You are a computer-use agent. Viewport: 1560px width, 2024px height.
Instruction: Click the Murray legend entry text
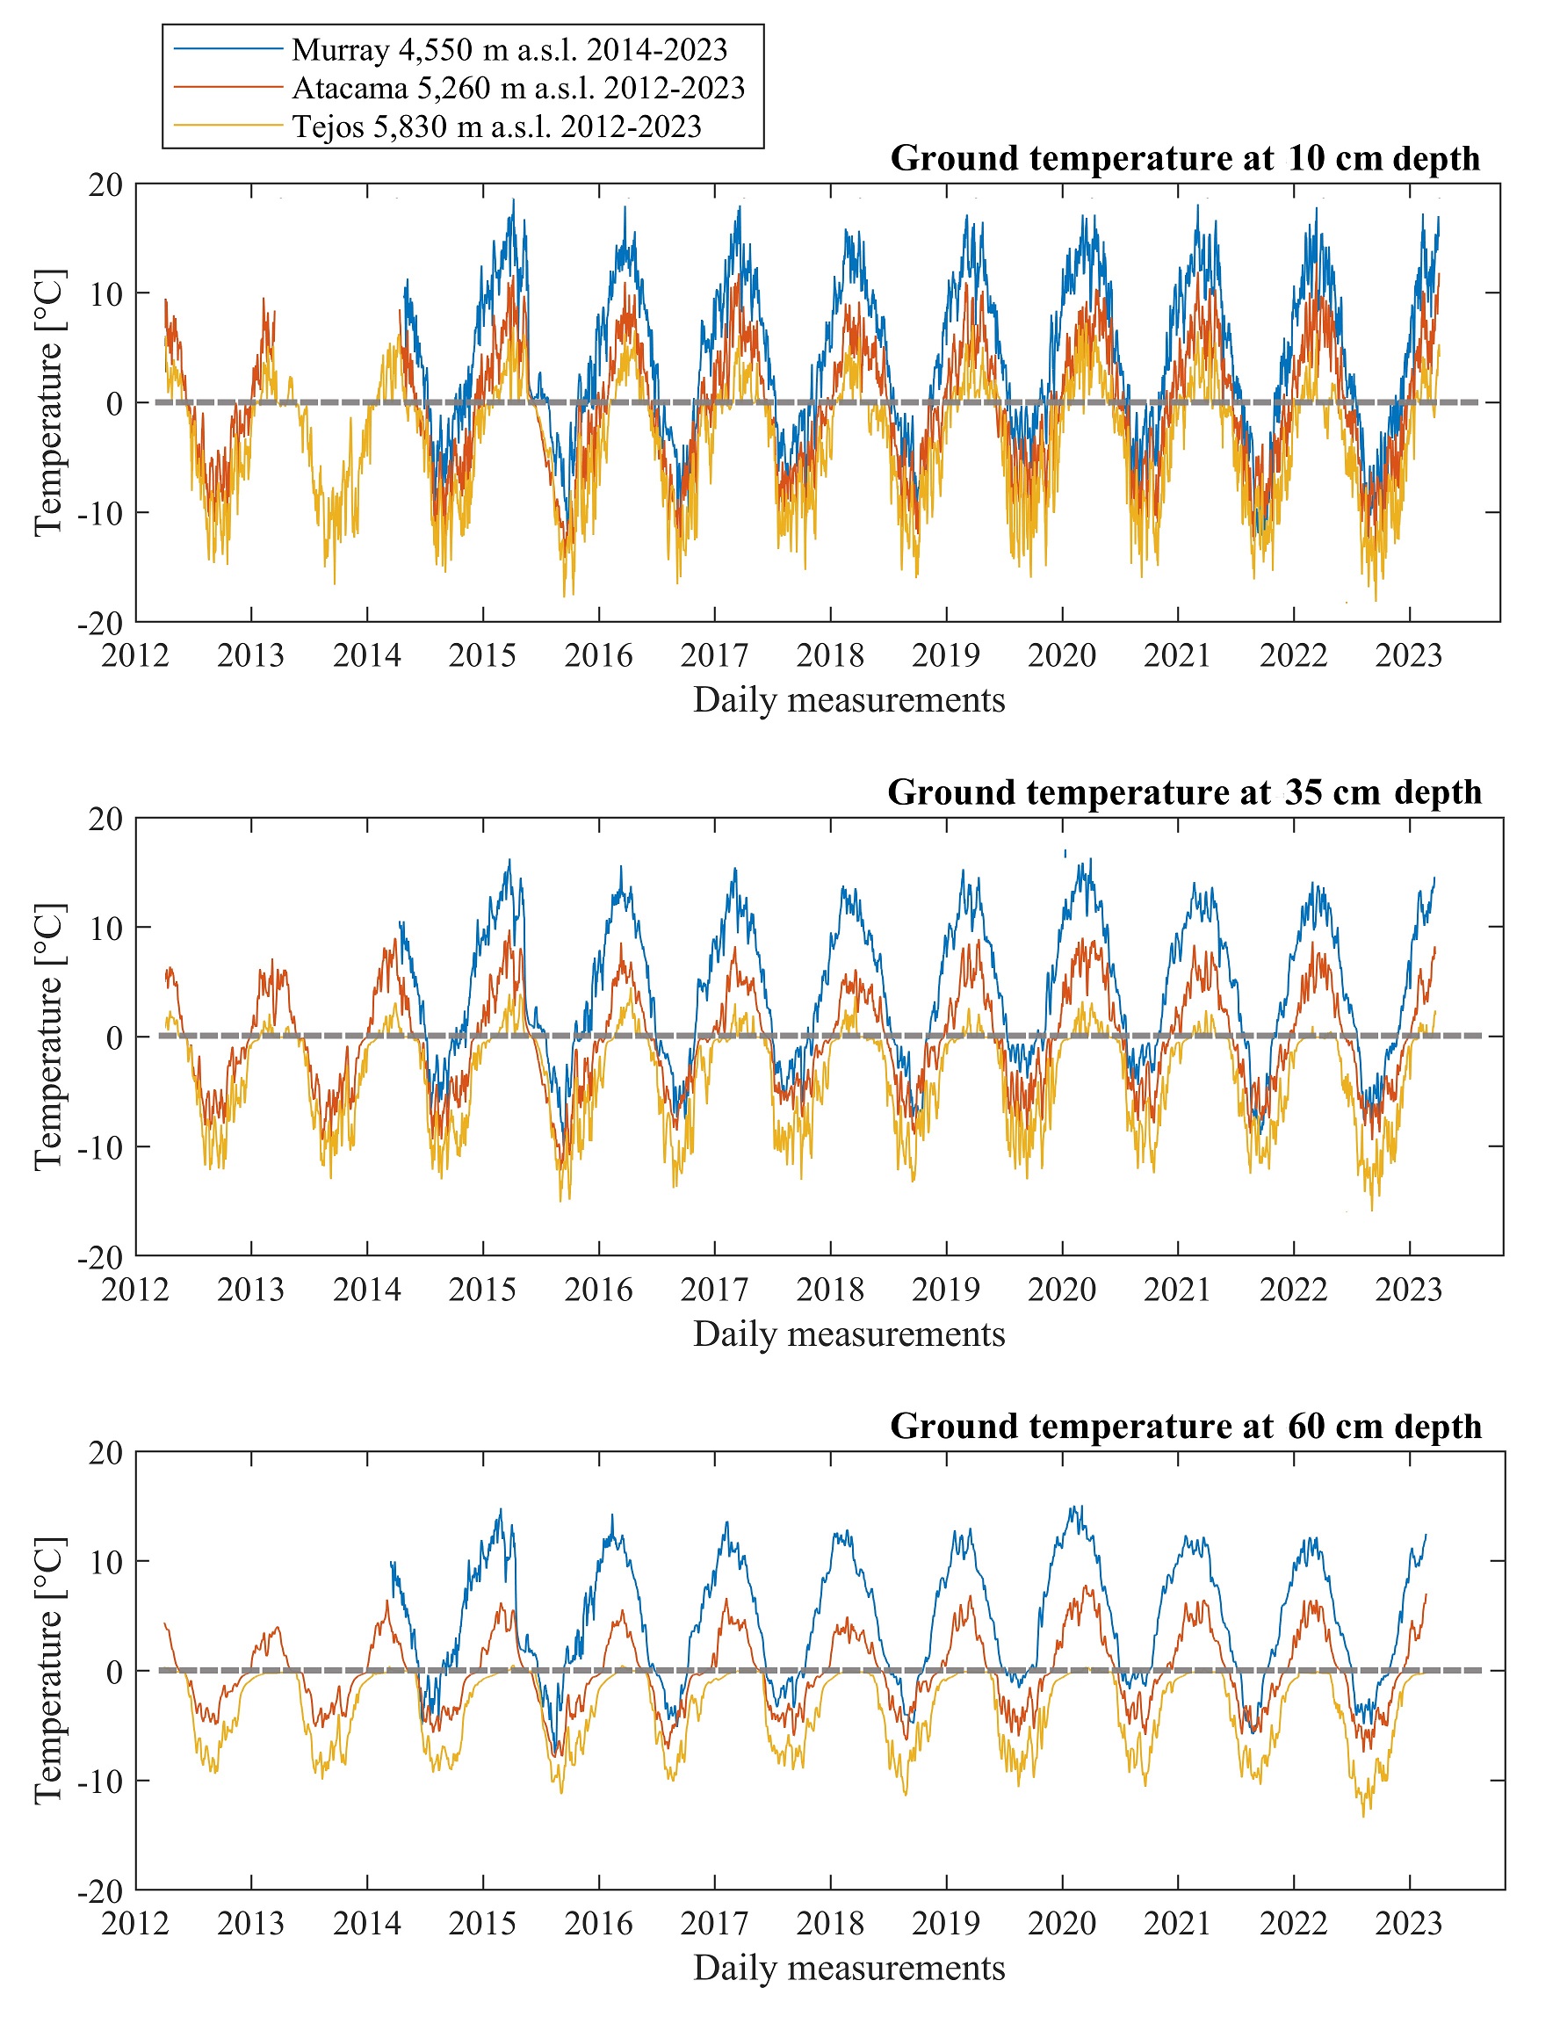coord(509,49)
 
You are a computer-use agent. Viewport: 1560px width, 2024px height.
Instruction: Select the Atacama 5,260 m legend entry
coord(518,88)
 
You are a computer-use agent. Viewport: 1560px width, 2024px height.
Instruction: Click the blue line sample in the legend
coord(227,49)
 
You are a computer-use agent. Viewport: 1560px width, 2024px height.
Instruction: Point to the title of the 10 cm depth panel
coord(1185,158)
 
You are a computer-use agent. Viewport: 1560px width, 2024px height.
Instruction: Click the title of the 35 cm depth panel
coord(1184,792)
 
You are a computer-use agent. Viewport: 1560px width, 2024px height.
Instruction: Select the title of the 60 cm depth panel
coord(1185,1427)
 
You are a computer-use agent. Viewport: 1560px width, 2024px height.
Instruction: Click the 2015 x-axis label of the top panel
coord(482,656)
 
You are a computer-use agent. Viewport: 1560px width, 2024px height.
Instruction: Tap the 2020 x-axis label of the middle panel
coord(1062,1290)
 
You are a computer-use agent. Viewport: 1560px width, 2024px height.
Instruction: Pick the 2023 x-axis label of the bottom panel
coord(1409,1924)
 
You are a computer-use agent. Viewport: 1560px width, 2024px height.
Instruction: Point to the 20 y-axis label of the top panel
coord(105,184)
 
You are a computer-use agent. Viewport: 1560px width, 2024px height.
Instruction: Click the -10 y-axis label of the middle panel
coord(100,1147)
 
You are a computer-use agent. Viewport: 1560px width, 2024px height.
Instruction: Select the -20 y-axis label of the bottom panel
coord(100,1891)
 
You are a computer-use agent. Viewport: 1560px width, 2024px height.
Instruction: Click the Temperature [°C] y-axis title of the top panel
coord(49,402)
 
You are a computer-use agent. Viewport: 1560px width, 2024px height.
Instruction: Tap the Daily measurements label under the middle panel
coord(849,1334)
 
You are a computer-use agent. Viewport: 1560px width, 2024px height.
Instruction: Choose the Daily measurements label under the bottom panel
coord(849,1969)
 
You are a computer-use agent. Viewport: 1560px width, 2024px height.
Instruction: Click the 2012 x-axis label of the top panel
coord(135,656)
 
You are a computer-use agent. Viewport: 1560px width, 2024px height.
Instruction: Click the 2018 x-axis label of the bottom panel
coord(830,1924)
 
